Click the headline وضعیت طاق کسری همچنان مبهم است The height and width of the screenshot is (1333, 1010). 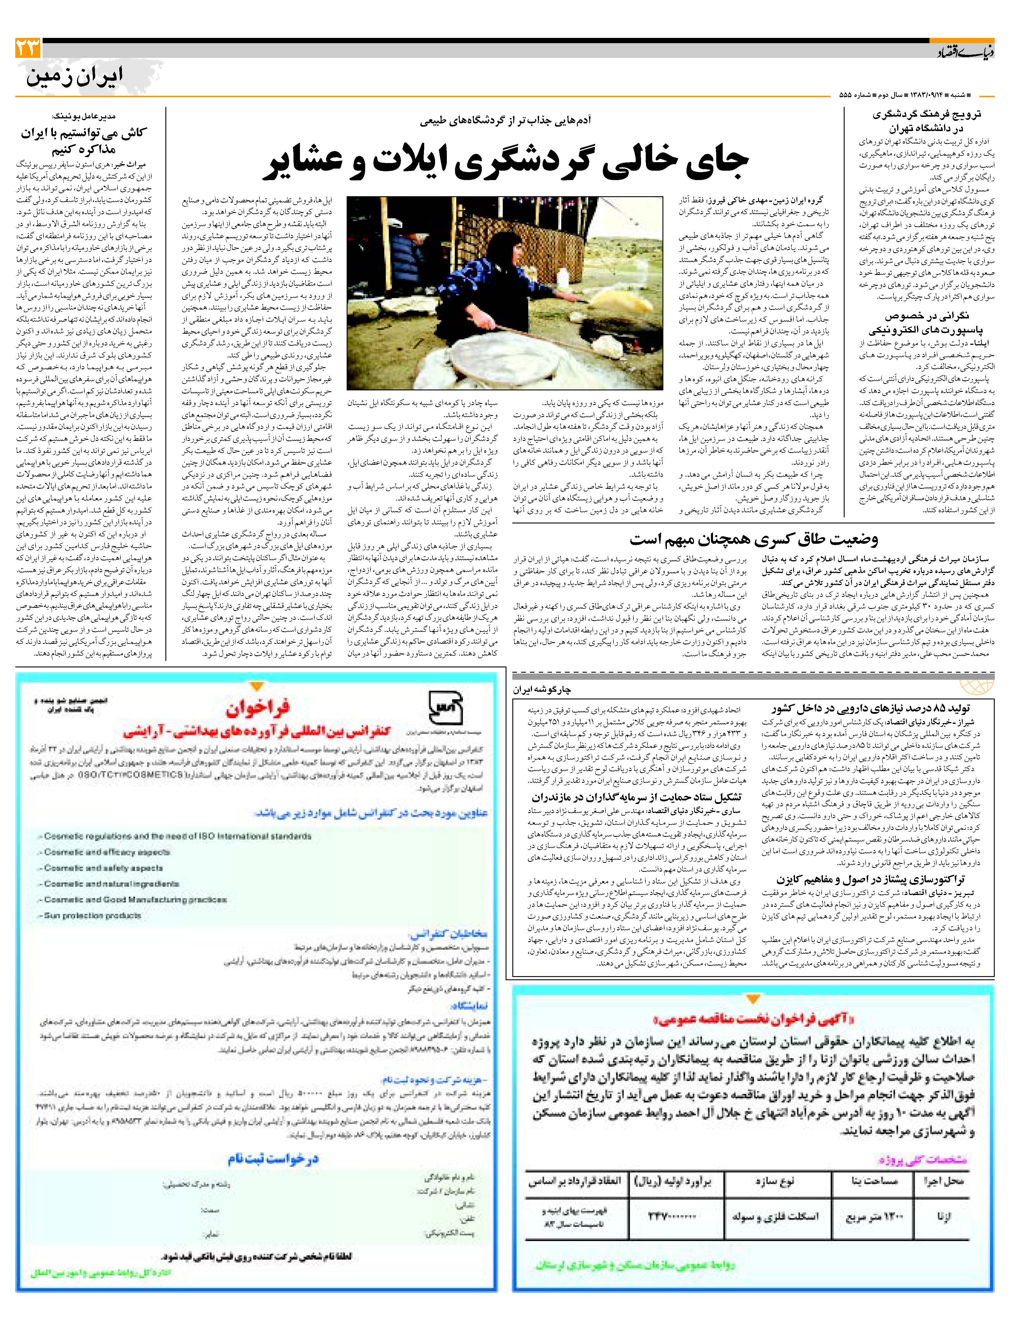(753, 538)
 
